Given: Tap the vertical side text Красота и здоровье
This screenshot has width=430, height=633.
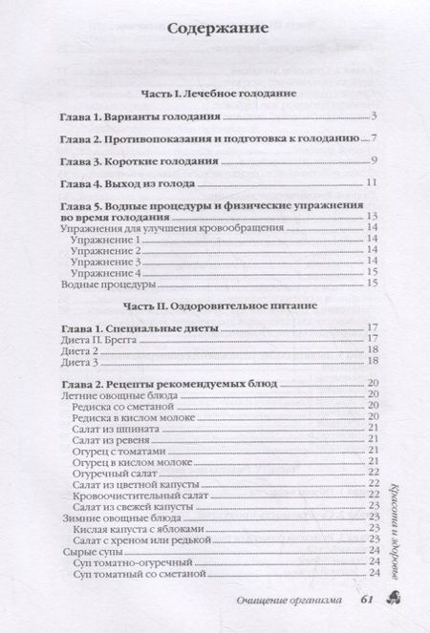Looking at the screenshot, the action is coord(394,521).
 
